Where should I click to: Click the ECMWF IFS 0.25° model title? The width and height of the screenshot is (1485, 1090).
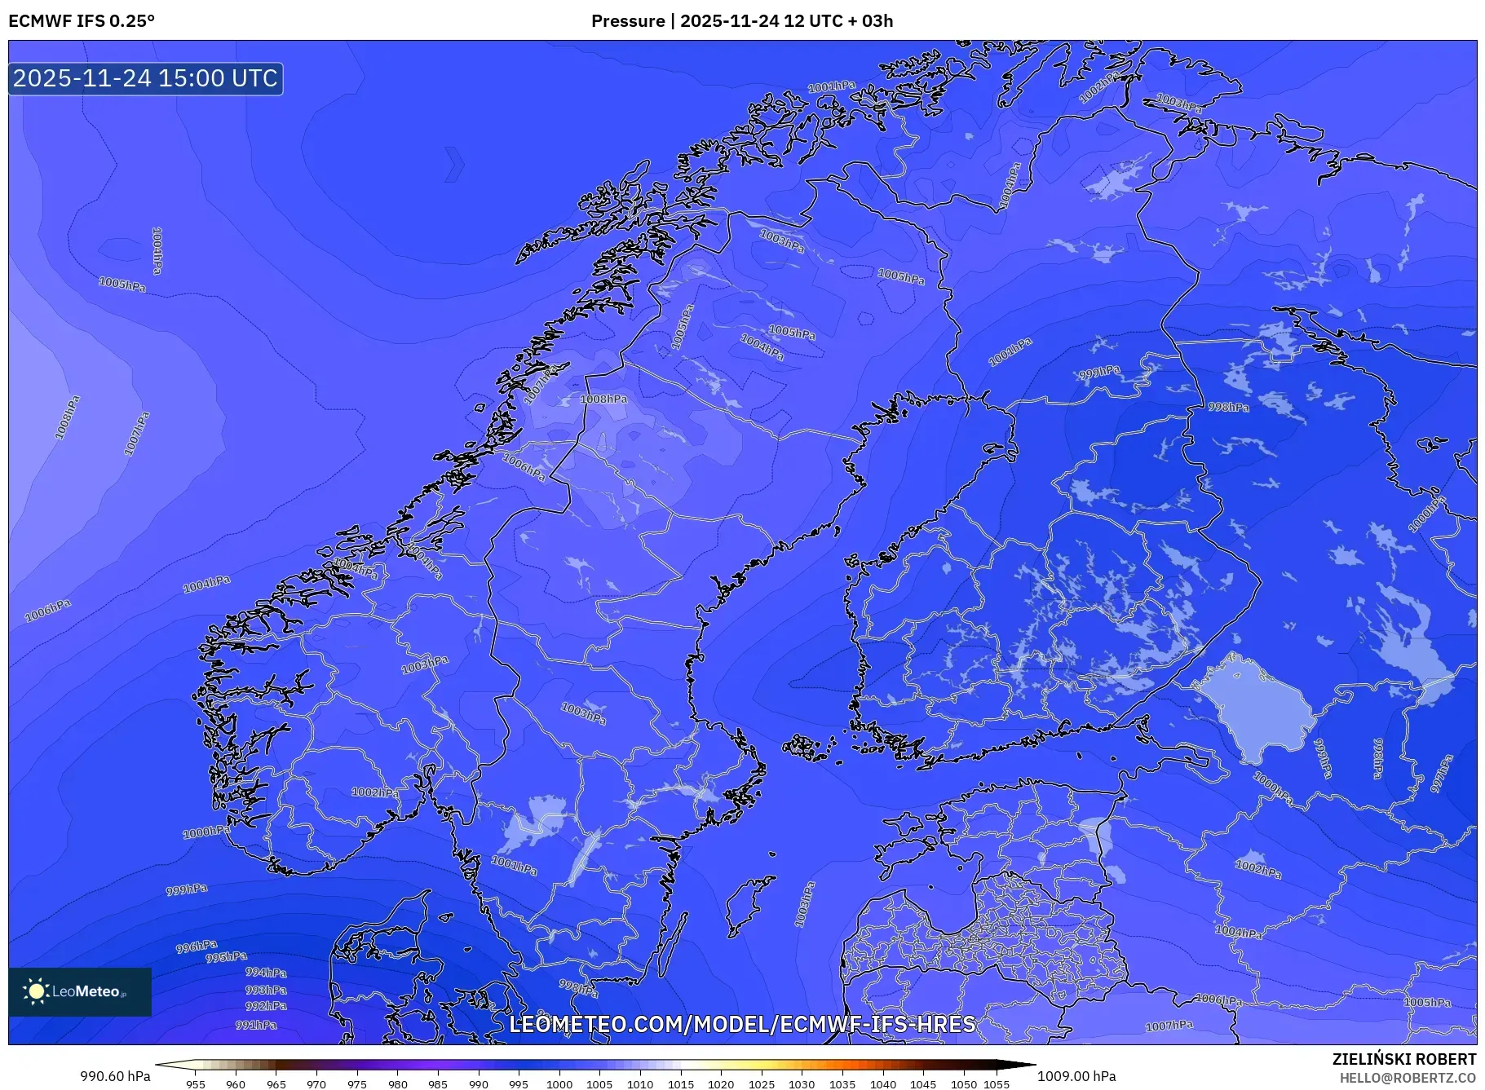(x=82, y=21)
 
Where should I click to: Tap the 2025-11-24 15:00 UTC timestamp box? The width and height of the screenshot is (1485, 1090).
(x=145, y=79)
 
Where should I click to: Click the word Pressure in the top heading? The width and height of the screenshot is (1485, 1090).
(x=627, y=21)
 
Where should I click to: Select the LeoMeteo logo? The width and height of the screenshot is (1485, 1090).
(x=80, y=991)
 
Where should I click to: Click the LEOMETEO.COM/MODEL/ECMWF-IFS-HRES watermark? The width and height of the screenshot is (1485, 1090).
(x=742, y=1024)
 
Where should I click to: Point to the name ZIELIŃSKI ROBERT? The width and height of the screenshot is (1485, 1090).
(x=1403, y=1059)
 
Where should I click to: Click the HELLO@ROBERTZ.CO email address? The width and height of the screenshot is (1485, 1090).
(x=1408, y=1078)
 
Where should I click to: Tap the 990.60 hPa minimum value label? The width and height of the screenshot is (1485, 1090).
(x=115, y=1076)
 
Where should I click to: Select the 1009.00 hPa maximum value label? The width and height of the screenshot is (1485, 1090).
(x=1076, y=1076)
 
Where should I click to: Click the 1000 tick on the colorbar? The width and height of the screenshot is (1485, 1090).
(x=559, y=1084)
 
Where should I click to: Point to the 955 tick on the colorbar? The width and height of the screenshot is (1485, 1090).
(x=196, y=1084)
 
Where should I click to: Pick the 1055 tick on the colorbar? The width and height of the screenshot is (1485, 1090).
(x=996, y=1084)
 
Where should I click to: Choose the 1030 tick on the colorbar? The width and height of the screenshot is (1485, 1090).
(x=802, y=1084)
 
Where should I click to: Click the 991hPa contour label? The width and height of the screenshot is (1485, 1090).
(x=256, y=1025)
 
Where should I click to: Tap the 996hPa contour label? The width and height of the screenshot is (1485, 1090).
(x=197, y=947)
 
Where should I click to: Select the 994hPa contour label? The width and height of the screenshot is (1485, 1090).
(x=266, y=973)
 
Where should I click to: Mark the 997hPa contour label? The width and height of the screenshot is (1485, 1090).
(x=1442, y=774)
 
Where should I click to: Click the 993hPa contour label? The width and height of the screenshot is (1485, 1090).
(x=266, y=990)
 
